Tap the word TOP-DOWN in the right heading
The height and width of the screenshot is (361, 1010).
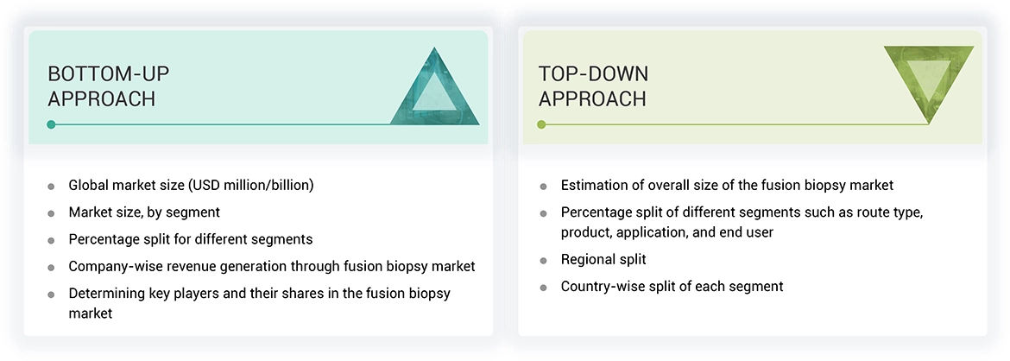(593, 73)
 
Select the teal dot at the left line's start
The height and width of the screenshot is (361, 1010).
(52, 124)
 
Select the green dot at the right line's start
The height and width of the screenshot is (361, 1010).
(541, 124)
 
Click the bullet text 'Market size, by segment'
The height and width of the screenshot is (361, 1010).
(144, 212)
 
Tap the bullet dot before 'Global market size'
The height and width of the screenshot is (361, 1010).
(51, 186)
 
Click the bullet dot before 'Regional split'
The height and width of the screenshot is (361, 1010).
(543, 260)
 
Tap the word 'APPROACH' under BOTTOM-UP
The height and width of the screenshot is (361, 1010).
(101, 99)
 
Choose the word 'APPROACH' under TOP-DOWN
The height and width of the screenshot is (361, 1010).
(592, 99)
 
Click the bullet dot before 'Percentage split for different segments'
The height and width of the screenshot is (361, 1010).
(51, 239)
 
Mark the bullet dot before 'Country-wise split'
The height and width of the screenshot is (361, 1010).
(543, 287)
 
